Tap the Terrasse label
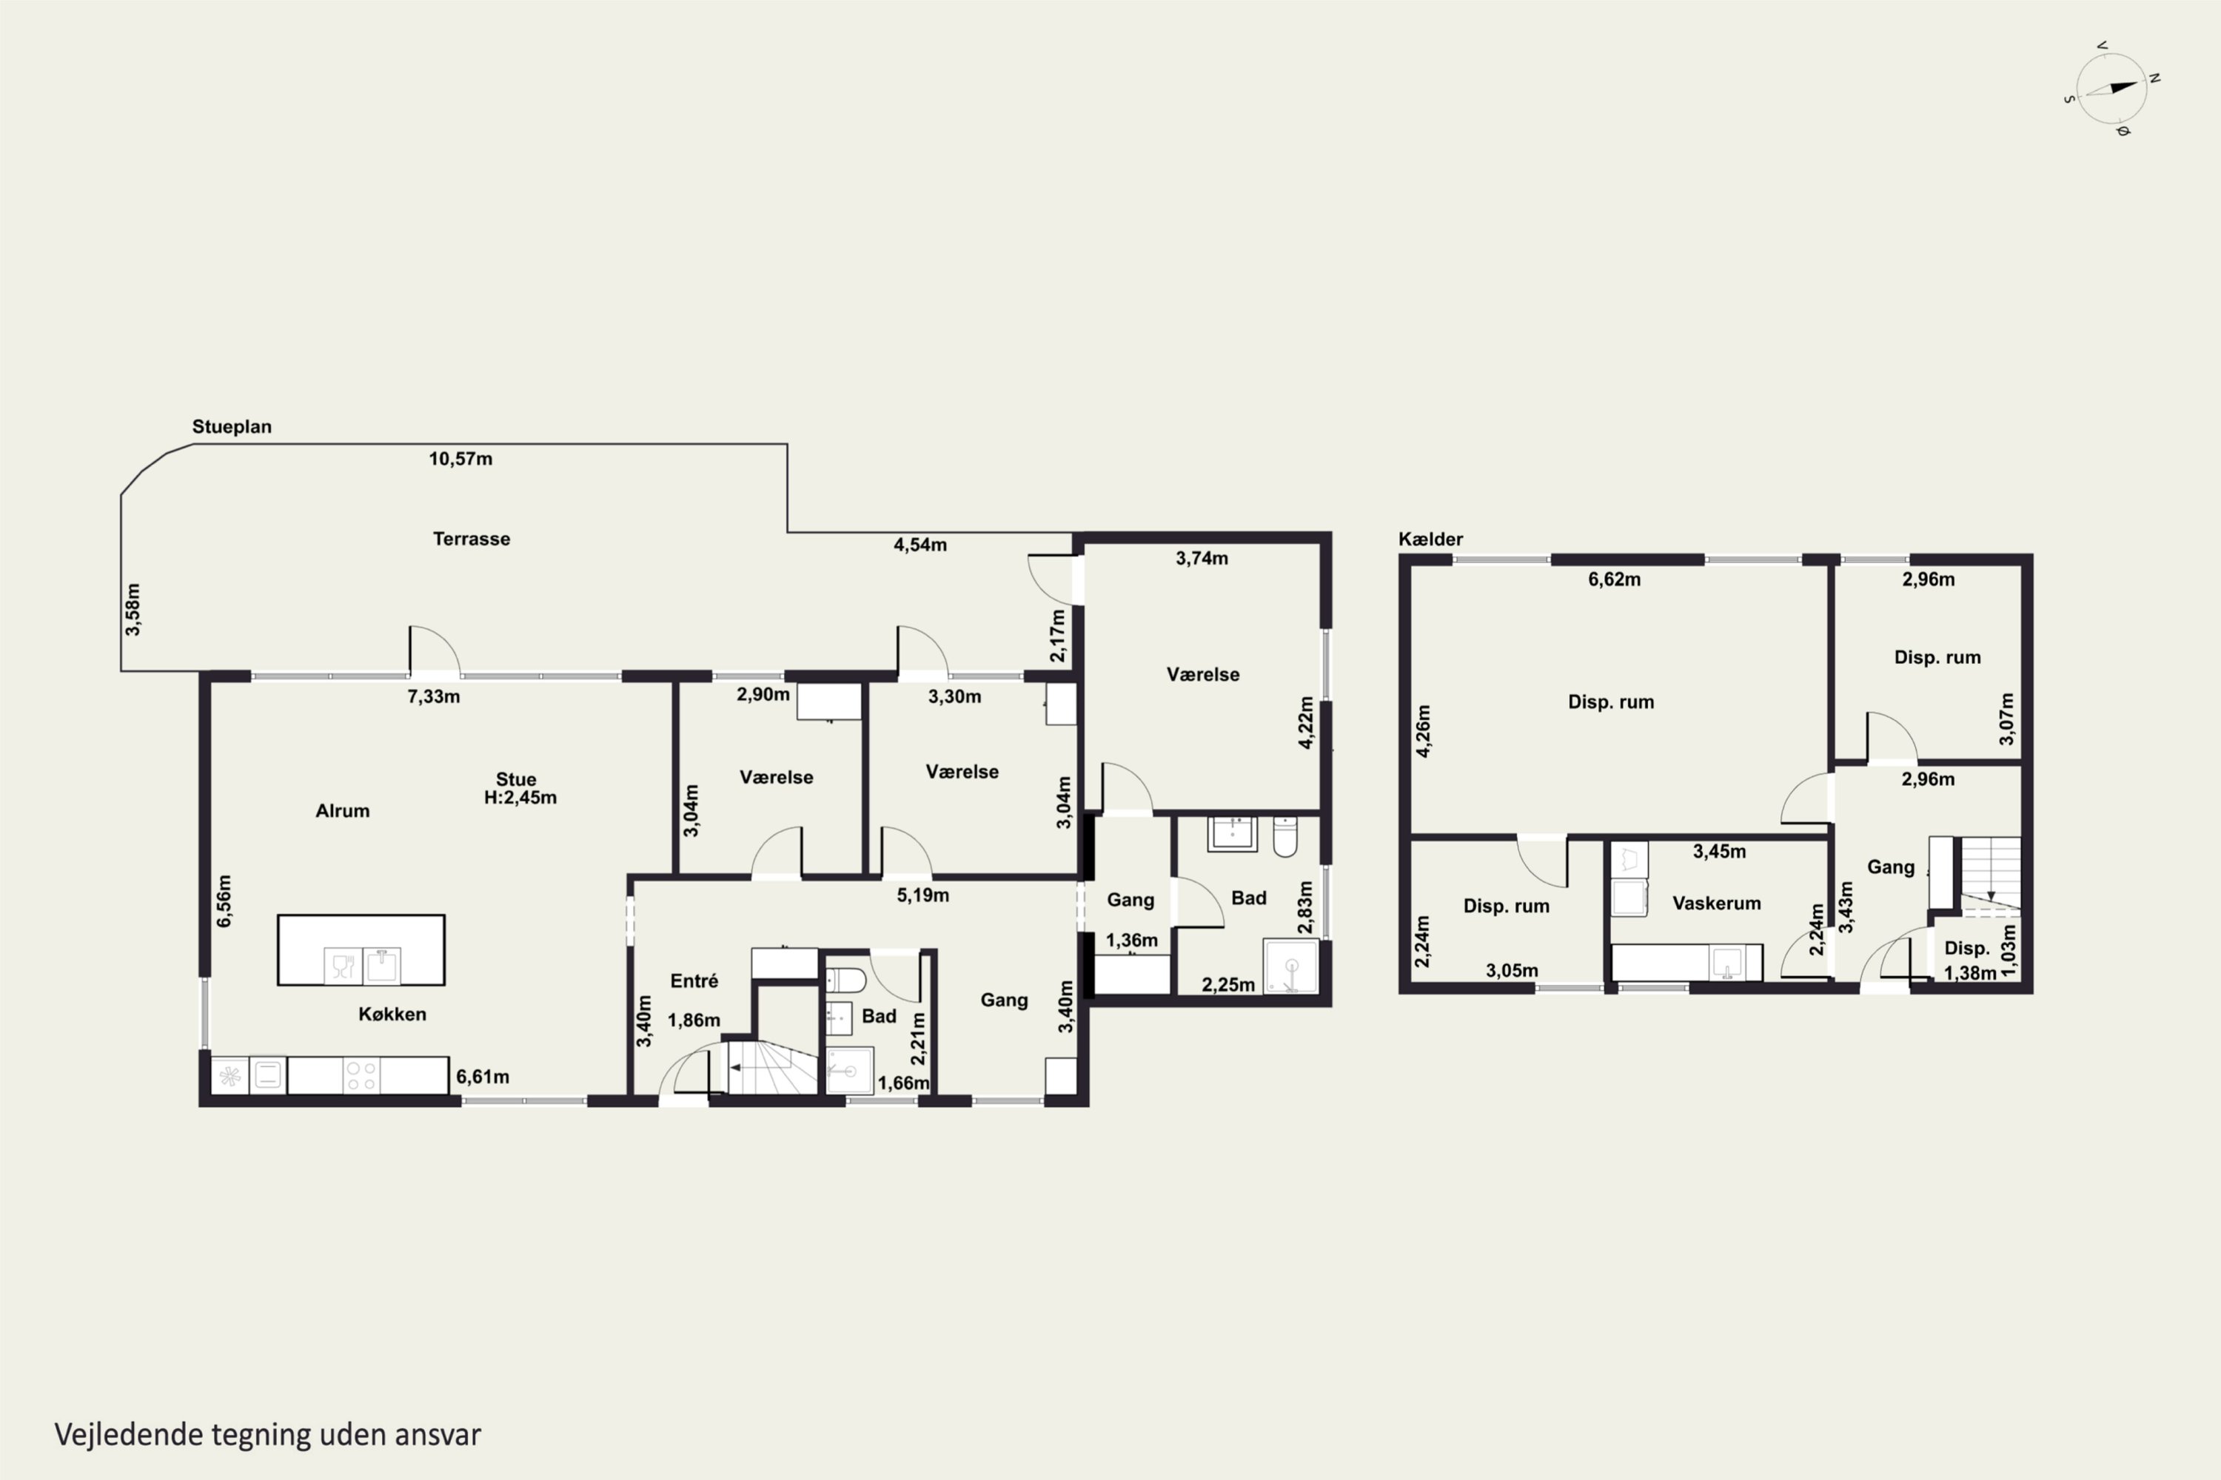pos(471,539)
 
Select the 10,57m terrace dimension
pos(460,459)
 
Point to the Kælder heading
pos(1430,539)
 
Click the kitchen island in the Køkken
pos(361,949)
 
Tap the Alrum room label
pos(343,811)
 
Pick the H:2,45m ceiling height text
pos(520,798)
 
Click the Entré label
pos(694,980)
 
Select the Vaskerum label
pos(1717,904)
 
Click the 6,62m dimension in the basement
pos(1614,579)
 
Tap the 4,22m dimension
pos(1306,723)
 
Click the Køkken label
pos(392,1014)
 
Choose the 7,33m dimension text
pos(433,696)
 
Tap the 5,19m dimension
pos(922,895)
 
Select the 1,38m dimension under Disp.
pos(1970,973)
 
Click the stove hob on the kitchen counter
pos(361,1076)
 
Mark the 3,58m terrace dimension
pos(133,610)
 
